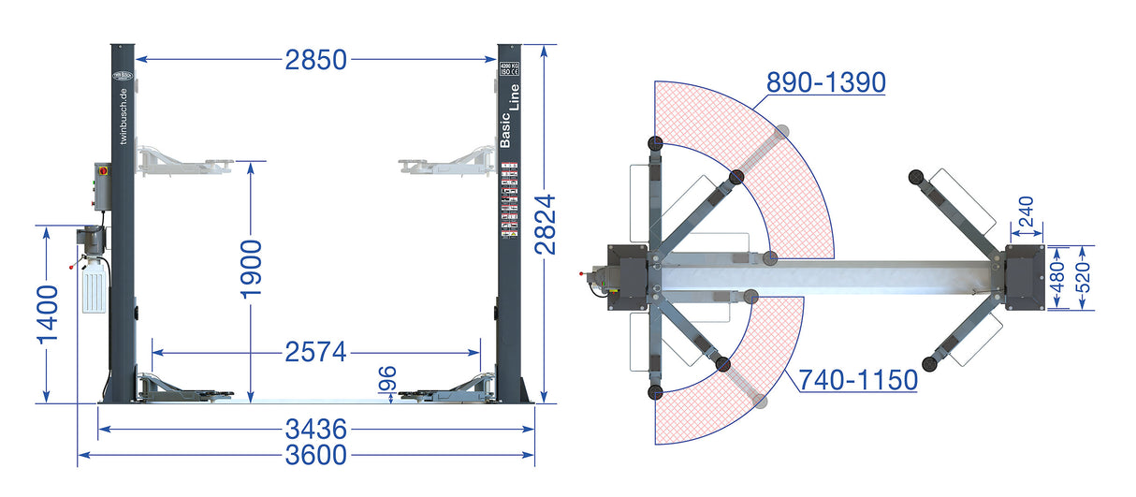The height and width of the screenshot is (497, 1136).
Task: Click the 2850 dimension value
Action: [316, 60]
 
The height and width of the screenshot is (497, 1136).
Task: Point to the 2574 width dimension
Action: [316, 353]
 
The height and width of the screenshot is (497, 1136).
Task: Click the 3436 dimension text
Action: [316, 430]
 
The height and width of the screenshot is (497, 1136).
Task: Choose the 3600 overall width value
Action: [316, 456]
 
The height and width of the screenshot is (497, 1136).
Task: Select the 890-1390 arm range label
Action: [825, 82]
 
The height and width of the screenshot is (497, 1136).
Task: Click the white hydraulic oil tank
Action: [95, 286]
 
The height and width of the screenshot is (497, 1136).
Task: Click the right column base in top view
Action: [1025, 277]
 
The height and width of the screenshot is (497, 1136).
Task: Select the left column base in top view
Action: [628, 276]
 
